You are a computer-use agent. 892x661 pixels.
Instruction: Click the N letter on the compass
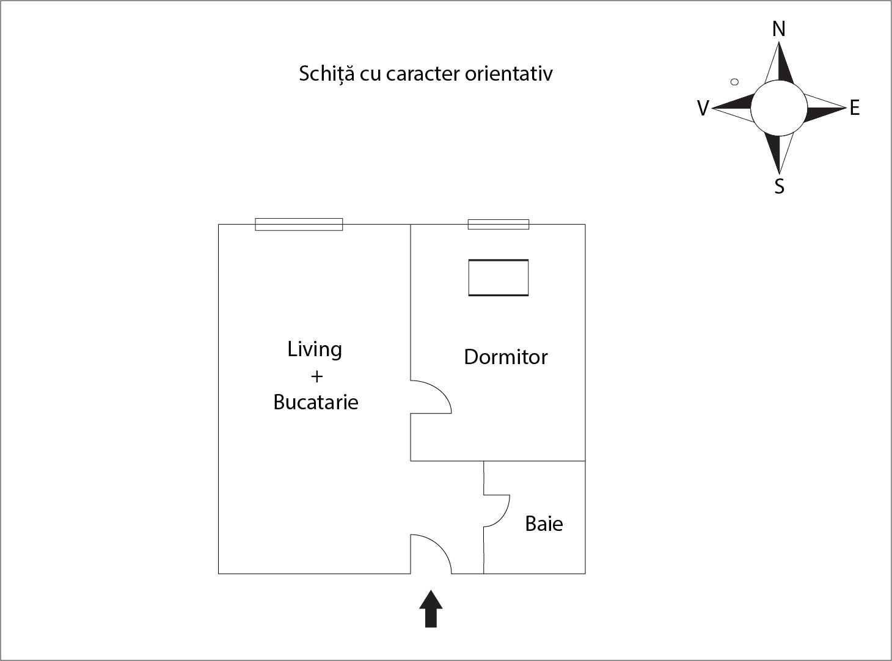(779, 29)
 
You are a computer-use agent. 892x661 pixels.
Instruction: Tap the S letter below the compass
(780, 186)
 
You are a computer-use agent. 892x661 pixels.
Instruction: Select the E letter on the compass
(855, 108)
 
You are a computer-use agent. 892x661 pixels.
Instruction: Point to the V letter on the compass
(703, 108)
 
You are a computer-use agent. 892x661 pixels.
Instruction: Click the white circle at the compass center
(779, 108)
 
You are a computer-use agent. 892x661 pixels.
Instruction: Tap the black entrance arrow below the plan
(431, 608)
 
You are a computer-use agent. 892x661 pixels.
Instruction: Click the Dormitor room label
(505, 357)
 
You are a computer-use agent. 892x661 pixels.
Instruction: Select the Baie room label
(544, 524)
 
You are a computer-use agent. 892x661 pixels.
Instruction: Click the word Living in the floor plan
(315, 349)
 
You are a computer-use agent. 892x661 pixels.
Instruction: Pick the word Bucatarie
(316, 402)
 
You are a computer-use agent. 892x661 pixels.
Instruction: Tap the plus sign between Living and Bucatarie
(317, 376)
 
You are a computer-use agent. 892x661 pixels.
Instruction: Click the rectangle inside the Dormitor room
(499, 277)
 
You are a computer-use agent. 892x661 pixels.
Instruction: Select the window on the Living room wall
(299, 224)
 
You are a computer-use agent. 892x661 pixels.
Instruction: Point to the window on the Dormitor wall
(499, 224)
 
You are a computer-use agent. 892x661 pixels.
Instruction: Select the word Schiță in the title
(326, 74)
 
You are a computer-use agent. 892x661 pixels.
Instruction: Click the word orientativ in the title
(509, 74)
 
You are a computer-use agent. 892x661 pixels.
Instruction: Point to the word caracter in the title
(422, 75)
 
